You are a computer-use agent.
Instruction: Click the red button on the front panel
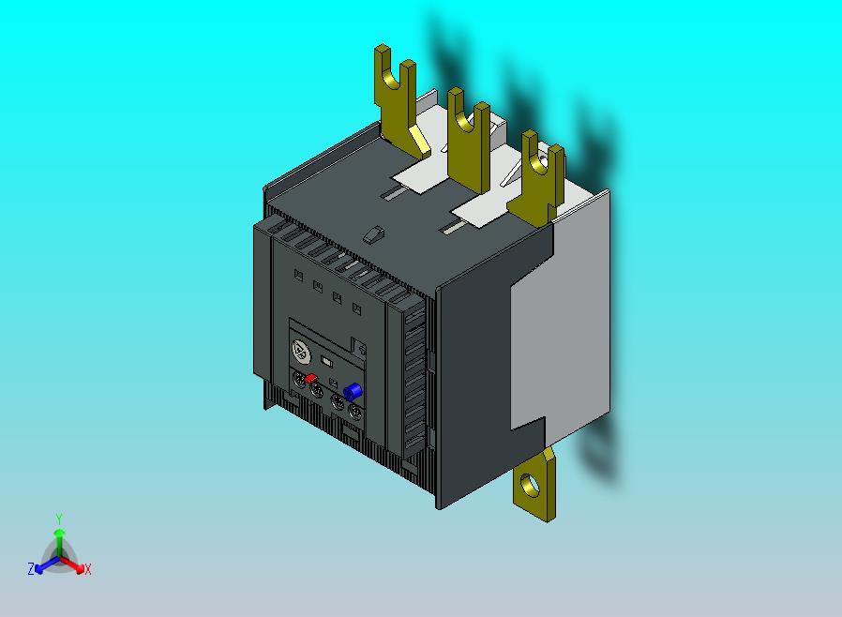pos(311,378)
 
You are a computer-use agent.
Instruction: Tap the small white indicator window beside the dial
pos(326,361)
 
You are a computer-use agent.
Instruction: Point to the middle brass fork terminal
pos(468,143)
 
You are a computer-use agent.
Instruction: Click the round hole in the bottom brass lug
pos(531,485)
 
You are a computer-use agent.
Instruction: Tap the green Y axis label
pos(59,519)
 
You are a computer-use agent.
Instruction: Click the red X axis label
pos(87,569)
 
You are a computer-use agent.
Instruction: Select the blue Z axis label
pos(31,568)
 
